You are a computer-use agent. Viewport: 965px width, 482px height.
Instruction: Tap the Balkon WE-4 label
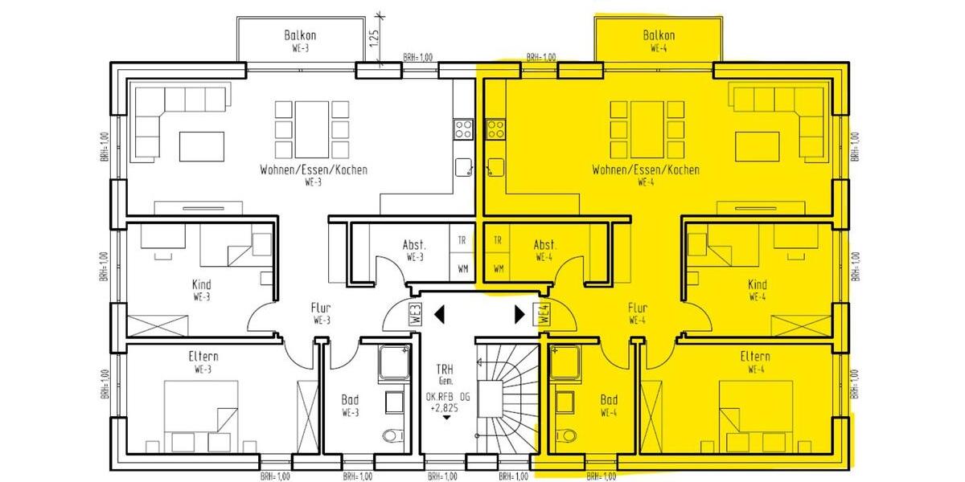pyautogui.click(x=659, y=40)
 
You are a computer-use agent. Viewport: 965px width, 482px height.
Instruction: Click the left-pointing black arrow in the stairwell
pyautogui.click(x=439, y=313)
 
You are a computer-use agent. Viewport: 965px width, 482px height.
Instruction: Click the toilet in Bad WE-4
pyautogui.click(x=568, y=435)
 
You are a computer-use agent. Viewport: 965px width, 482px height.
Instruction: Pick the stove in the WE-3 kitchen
pyautogui.click(x=463, y=129)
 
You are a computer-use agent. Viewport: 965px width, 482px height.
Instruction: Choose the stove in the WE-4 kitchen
pyautogui.click(x=495, y=129)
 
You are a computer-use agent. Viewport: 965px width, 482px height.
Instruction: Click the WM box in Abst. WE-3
pyautogui.click(x=462, y=268)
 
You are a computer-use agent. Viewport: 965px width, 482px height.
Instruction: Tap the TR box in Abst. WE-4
pyautogui.click(x=498, y=240)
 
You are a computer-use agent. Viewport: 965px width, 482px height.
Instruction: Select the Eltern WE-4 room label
pyautogui.click(x=755, y=362)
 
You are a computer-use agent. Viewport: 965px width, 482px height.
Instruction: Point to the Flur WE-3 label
pyautogui.click(x=321, y=313)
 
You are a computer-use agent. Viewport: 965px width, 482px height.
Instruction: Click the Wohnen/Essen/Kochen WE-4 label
pyautogui.click(x=645, y=174)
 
